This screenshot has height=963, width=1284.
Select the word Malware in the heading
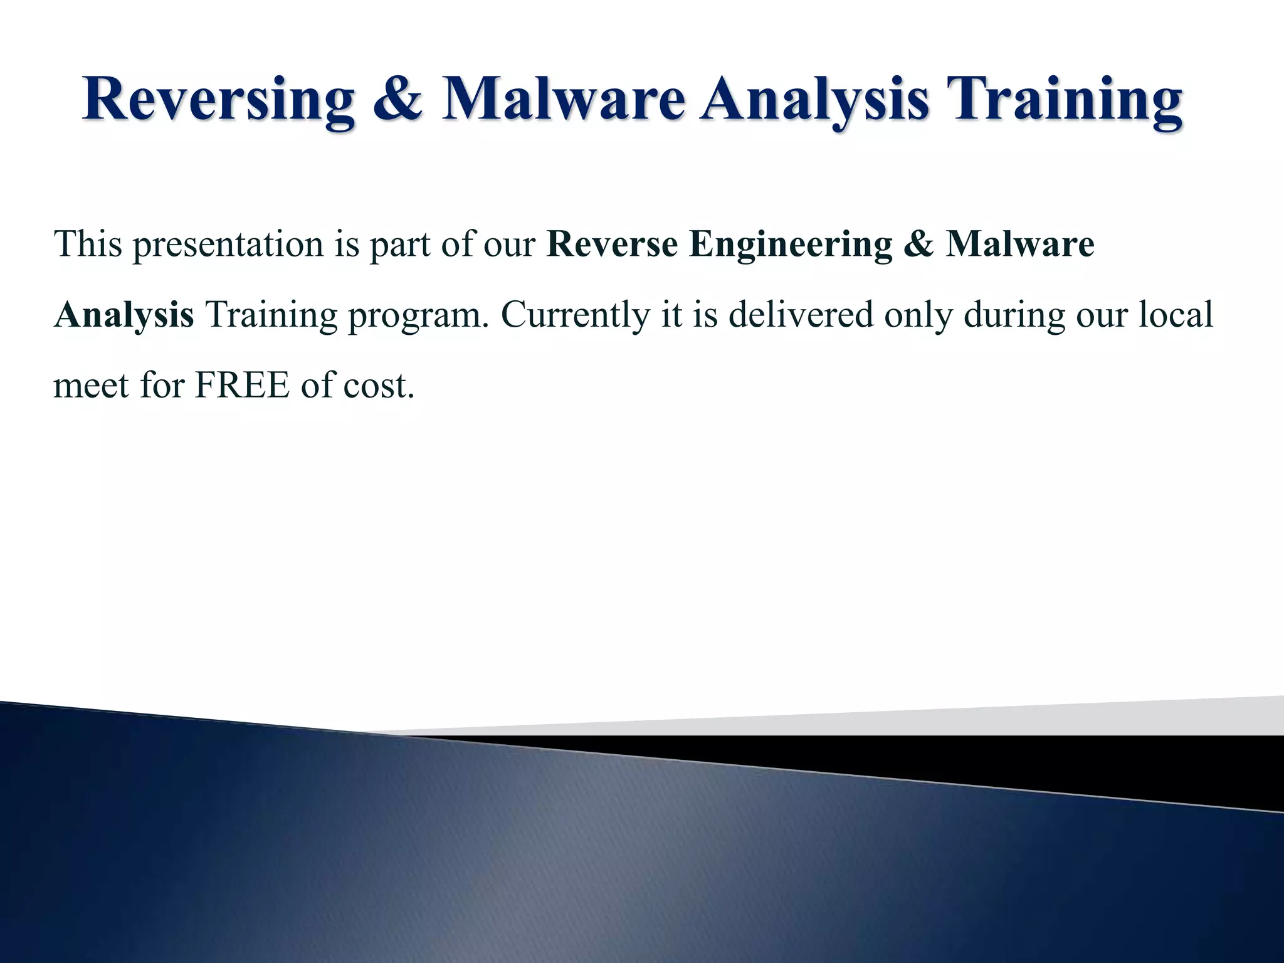(x=562, y=101)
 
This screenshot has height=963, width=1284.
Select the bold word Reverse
(x=612, y=245)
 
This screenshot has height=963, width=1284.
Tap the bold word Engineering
(x=791, y=245)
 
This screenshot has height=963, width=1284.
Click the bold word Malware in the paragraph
(x=1020, y=245)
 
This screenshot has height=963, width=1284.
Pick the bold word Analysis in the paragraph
(x=124, y=315)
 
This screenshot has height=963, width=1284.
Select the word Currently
(x=576, y=315)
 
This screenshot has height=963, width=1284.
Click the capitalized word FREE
(x=242, y=386)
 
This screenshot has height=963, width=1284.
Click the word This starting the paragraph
(x=88, y=245)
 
